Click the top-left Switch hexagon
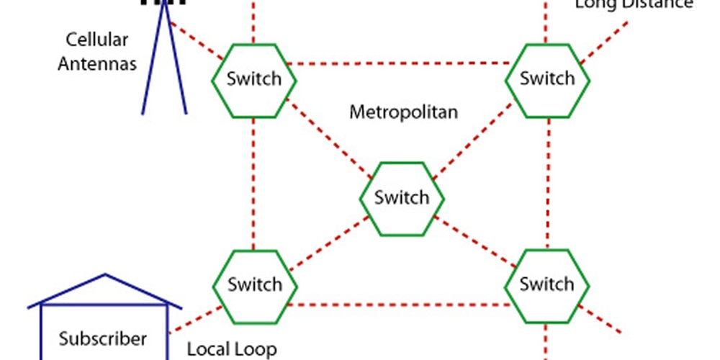[253, 79]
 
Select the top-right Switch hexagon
[547, 78]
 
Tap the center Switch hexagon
[401, 197]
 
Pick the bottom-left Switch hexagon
[254, 284]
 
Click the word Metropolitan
[403, 112]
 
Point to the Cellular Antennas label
[97, 51]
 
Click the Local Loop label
[231, 349]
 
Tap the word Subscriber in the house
[103, 338]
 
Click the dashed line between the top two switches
[400, 63]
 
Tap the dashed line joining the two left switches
[253, 184]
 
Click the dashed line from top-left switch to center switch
[328, 138]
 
